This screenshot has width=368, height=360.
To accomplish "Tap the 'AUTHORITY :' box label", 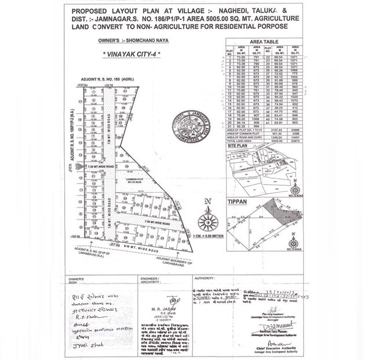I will pos(206,278).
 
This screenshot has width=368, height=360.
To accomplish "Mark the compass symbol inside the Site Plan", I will pos(295,188).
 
